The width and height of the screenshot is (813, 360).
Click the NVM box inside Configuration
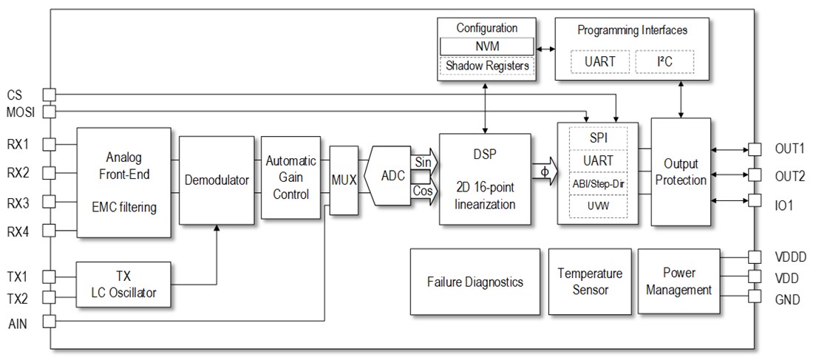coord(486,47)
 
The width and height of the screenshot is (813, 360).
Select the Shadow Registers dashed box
coord(486,66)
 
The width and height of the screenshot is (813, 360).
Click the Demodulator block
coord(216,180)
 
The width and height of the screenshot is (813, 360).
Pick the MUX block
coord(343,180)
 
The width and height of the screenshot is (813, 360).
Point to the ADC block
coord(392,175)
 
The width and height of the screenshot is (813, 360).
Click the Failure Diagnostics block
coord(474,282)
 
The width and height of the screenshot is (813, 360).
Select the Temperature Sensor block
coord(590,282)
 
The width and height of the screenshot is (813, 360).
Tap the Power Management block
coord(678,282)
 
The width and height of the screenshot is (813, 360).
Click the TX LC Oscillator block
coord(123,285)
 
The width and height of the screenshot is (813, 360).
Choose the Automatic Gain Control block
coord(290,177)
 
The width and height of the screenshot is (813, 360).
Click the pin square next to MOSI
coord(49,112)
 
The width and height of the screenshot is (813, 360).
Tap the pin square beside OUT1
coord(755,149)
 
